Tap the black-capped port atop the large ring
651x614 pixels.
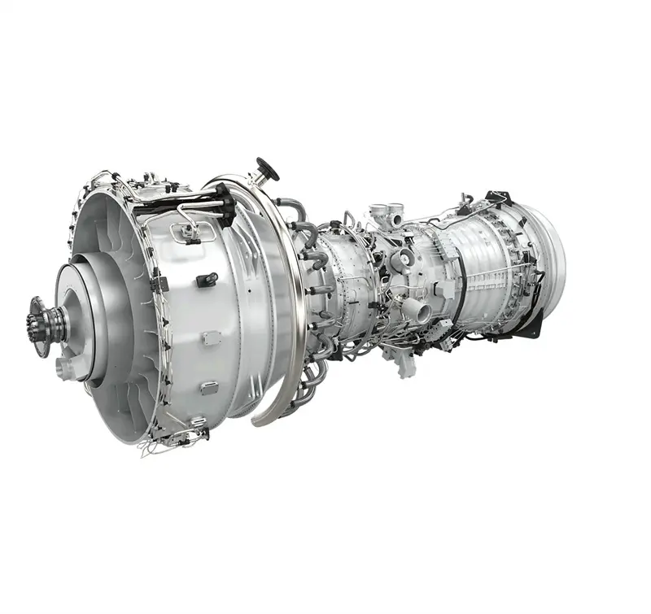pos(265,169)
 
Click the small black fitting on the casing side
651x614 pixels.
pos(207,279)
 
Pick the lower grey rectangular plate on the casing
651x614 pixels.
pos(209,388)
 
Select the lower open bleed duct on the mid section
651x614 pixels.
pos(415,310)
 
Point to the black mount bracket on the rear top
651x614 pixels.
pos(496,198)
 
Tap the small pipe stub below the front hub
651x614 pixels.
pos(64,368)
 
